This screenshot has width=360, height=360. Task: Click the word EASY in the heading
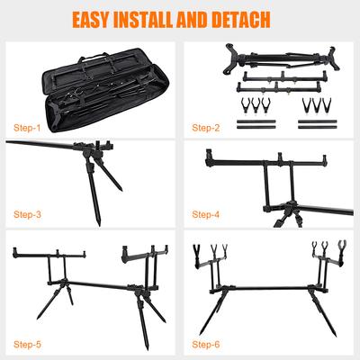[x=90, y=20]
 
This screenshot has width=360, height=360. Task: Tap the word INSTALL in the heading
[x=143, y=20]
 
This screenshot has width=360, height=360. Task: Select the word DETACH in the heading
[x=241, y=20]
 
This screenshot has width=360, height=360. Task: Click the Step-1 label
[x=27, y=128]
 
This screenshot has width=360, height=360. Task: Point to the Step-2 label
[x=206, y=128]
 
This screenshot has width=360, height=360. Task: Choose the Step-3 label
[x=27, y=214]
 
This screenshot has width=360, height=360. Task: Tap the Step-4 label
[x=206, y=214]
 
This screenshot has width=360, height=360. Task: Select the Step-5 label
[x=27, y=345]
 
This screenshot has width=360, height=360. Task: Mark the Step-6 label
[x=206, y=345]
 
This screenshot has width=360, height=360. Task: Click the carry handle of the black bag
[x=93, y=57]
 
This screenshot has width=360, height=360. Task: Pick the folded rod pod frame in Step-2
[x=281, y=58]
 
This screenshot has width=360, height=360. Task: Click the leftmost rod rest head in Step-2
[x=245, y=106]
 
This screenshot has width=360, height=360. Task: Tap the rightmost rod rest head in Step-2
[x=326, y=106]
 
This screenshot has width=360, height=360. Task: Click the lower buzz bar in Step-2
[x=279, y=87]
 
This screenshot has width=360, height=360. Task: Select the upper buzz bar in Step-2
[x=284, y=77]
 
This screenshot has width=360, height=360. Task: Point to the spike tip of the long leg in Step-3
[x=99, y=223]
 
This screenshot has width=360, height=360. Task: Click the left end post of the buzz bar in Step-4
[x=208, y=157]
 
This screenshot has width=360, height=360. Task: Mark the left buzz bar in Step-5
[x=49, y=255]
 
